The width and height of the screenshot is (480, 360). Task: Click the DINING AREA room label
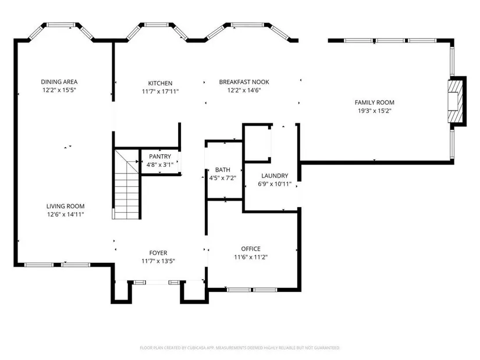[x=59, y=82]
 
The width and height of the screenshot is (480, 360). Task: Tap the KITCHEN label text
[x=160, y=83]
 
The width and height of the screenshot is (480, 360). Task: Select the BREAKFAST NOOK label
[x=244, y=82]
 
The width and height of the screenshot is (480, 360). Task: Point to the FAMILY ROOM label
[x=374, y=102]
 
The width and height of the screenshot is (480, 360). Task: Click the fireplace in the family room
[x=455, y=101]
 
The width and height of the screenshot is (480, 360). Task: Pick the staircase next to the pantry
[x=126, y=184]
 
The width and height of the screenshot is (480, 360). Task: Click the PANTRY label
[x=160, y=156]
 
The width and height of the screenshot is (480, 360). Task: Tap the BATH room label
[x=223, y=170]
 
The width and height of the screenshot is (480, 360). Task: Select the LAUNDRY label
[x=275, y=176]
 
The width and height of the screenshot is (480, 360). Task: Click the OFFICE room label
[x=251, y=249]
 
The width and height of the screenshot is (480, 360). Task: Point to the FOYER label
[x=158, y=253]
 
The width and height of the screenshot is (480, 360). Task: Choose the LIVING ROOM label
[x=65, y=206]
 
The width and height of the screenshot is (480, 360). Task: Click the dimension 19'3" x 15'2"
[x=375, y=111]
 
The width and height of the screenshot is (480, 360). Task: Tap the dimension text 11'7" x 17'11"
[x=160, y=91]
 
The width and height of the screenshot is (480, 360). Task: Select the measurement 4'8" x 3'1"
[x=160, y=165]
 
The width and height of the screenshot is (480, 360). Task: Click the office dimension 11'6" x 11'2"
[x=251, y=257]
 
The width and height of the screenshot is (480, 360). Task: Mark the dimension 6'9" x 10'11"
[x=275, y=184]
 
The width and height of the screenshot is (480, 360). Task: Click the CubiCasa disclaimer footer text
[x=240, y=348]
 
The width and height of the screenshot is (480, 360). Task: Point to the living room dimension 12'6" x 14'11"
[x=65, y=214]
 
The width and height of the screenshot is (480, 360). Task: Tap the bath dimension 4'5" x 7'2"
[x=223, y=178]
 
